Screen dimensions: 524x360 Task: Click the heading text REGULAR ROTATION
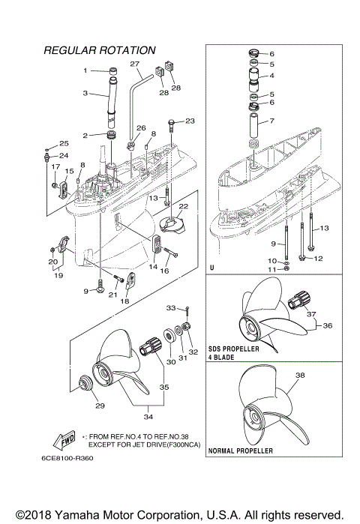click(x=100, y=50)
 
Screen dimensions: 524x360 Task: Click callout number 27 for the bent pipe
click(x=135, y=64)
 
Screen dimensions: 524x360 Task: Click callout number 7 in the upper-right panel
click(x=271, y=121)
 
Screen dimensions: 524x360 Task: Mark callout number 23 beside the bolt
click(x=189, y=121)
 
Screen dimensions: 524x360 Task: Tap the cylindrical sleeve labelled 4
click(x=253, y=76)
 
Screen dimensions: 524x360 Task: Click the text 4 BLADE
click(x=222, y=358)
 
